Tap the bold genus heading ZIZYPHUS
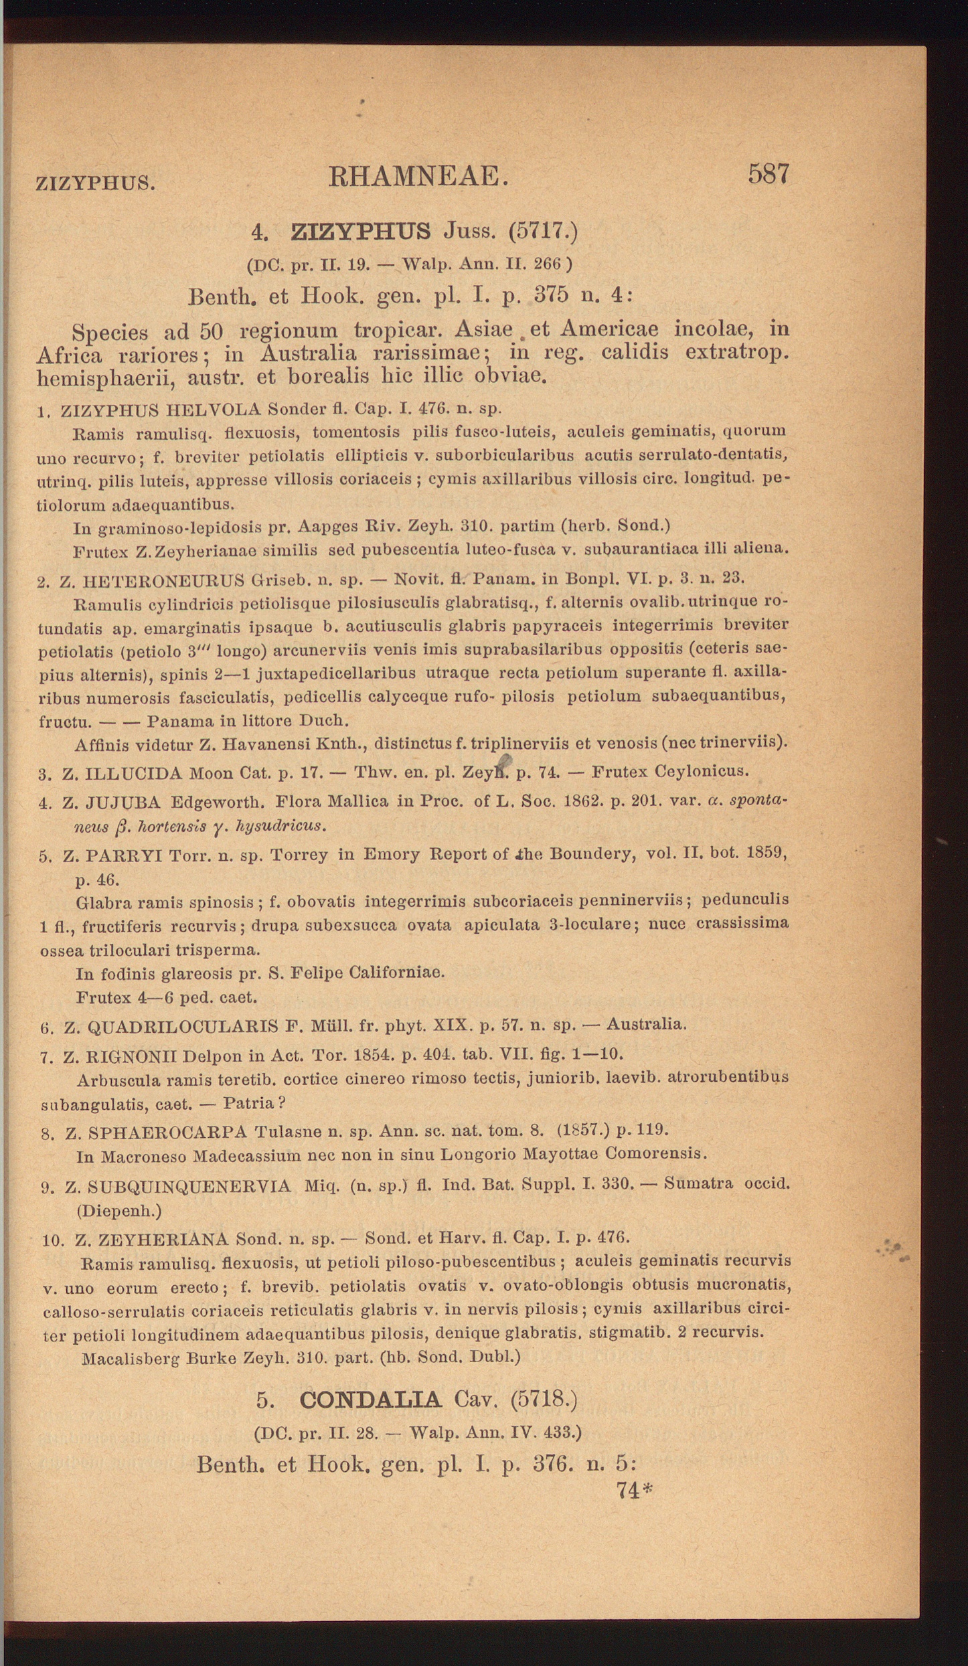pos(361,232)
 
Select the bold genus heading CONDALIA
pos(370,1399)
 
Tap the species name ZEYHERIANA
pos(163,1240)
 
